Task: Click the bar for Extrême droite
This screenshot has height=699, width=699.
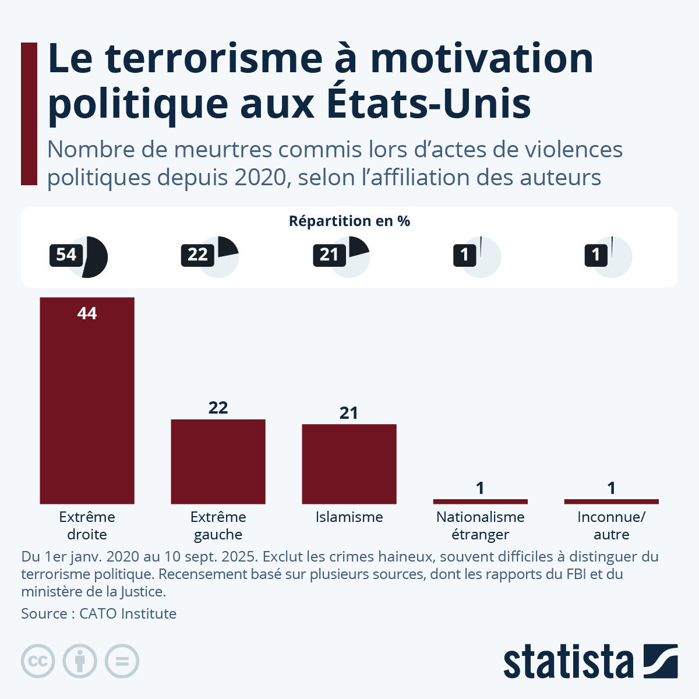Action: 87,402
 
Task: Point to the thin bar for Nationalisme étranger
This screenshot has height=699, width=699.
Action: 480,501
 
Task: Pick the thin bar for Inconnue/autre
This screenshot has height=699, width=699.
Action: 611,501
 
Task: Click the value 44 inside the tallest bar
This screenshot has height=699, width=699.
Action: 87,313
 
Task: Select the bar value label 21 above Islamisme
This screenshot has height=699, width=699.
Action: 349,413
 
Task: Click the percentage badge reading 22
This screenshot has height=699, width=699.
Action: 197,255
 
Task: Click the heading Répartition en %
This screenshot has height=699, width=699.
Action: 349,221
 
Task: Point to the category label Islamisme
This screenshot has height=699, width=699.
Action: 349,517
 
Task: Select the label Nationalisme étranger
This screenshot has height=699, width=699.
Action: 480,525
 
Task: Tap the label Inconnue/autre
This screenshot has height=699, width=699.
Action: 611,525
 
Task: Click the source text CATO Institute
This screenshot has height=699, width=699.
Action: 128,613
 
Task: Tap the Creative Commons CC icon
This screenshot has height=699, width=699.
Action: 38,661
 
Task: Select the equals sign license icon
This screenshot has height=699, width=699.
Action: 122,661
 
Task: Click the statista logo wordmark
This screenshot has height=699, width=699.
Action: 568,662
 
